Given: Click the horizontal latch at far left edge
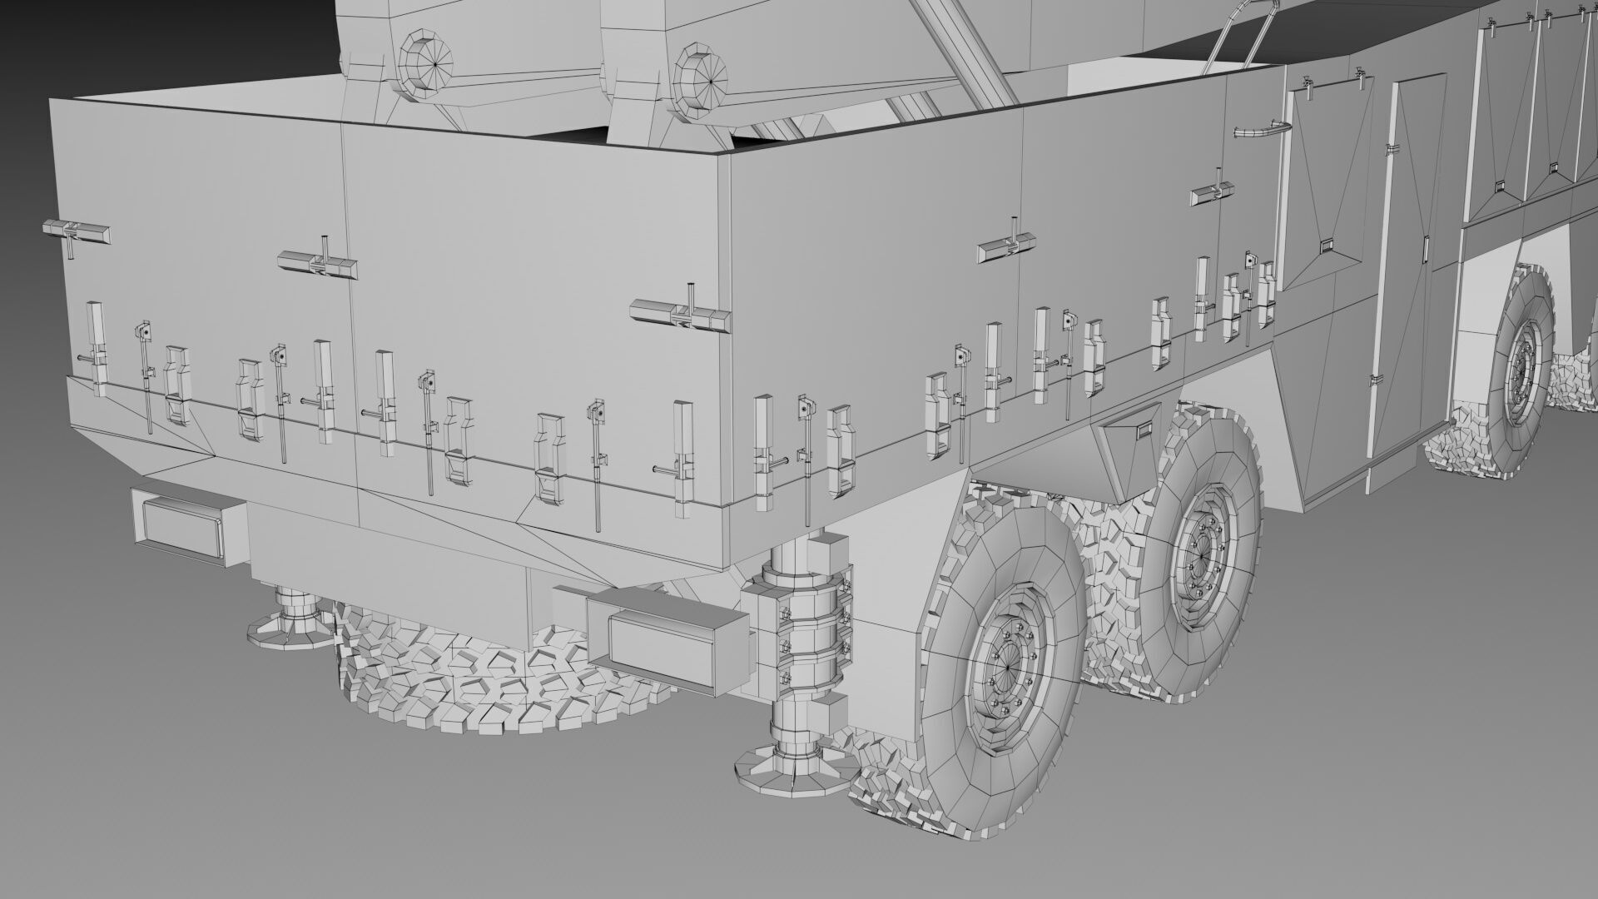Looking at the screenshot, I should [x=75, y=232].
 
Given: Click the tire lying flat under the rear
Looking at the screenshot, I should [x=499, y=674].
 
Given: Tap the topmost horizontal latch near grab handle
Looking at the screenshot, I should [x=1211, y=192].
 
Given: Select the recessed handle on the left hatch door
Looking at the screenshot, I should [x=1327, y=246].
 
